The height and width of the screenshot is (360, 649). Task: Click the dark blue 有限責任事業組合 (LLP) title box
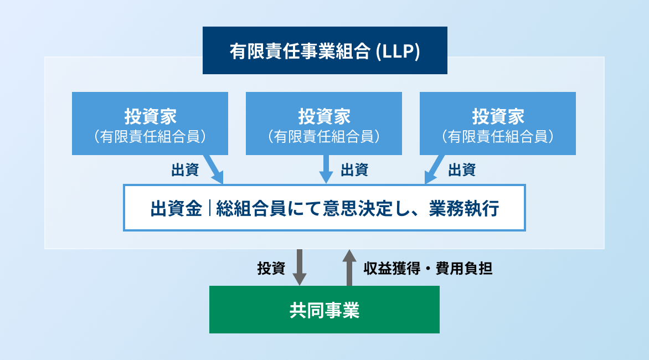click(324, 50)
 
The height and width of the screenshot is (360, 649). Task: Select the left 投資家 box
click(150, 123)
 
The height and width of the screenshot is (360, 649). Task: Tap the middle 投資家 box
click(323, 123)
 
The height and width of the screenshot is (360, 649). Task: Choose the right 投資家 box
click(497, 123)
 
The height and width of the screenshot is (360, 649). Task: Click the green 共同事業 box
click(324, 310)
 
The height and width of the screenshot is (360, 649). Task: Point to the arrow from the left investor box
click(214, 169)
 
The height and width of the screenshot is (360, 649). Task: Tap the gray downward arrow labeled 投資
click(300, 268)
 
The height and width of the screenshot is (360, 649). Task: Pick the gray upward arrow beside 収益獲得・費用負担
click(349, 268)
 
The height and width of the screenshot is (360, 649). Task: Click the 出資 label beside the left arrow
click(185, 170)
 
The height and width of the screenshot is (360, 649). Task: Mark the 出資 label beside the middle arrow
click(354, 170)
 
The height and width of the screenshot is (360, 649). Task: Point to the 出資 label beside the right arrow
click(462, 170)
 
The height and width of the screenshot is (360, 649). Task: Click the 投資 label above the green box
click(271, 269)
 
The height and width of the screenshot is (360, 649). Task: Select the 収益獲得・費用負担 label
click(428, 269)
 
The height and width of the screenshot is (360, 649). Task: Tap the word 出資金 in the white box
click(176, 208)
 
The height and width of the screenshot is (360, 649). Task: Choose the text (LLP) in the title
click(398, 52)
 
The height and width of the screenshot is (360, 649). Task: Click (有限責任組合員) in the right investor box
click(497, 136)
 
